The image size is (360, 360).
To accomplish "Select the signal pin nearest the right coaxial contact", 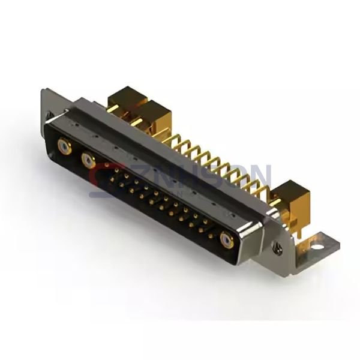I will [x=209, y=229].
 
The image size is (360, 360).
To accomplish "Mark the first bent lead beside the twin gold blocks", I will [x=174, y=139].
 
